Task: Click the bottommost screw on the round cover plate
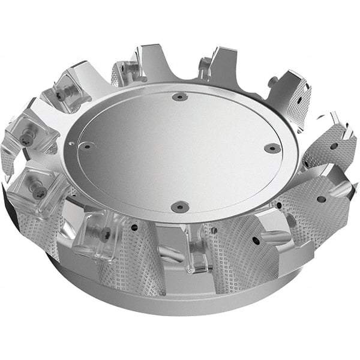tap(177, 206)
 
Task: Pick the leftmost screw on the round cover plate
tap(88, 145)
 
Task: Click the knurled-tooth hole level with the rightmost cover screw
tap(333, 146)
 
